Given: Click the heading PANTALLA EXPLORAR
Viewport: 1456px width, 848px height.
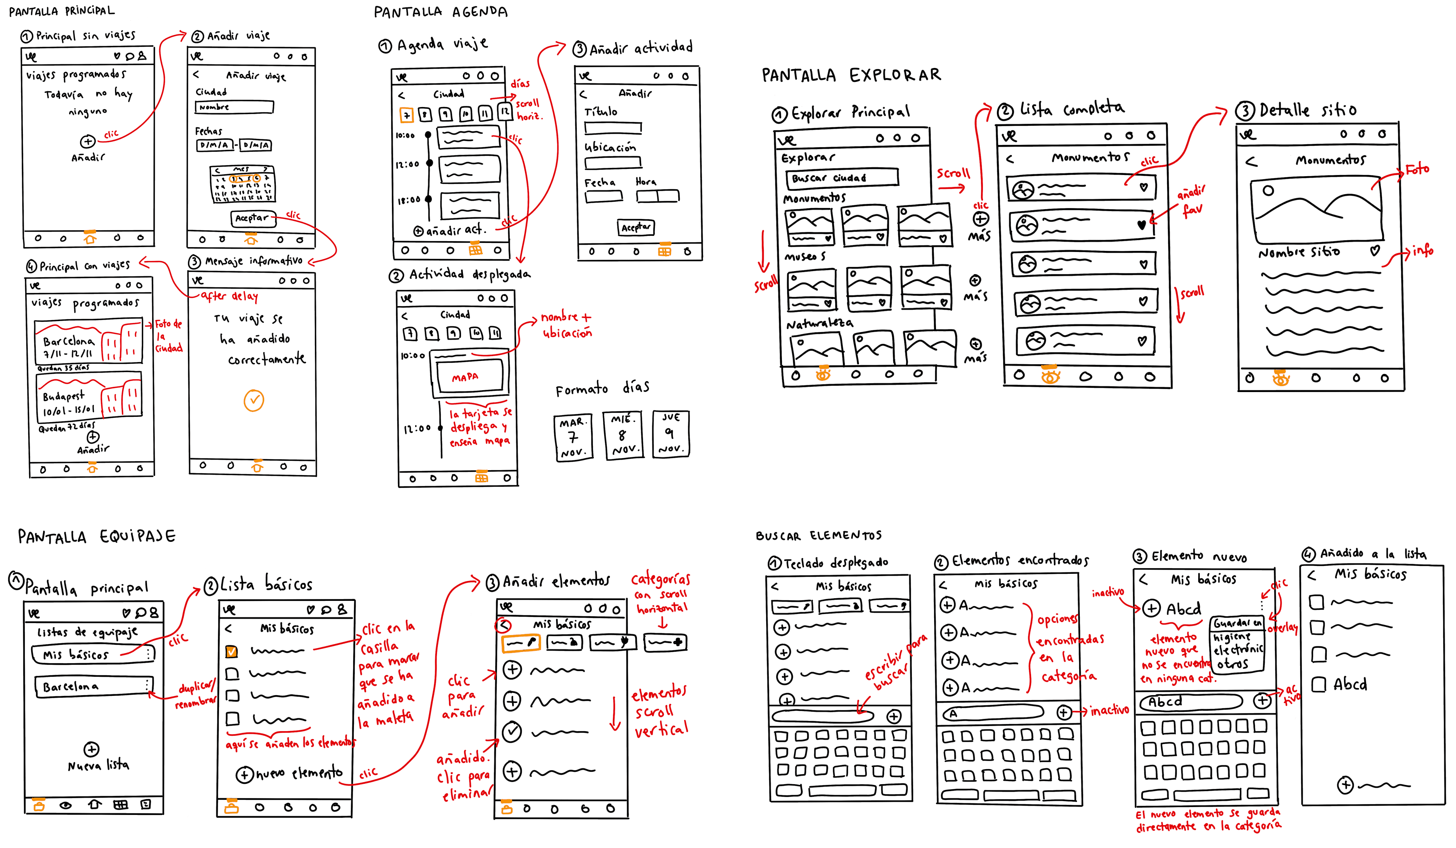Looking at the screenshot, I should [851, 75].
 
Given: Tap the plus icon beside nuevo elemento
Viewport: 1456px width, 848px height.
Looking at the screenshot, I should [244, 775].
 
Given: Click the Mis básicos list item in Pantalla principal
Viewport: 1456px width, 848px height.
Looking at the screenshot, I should [92, 654].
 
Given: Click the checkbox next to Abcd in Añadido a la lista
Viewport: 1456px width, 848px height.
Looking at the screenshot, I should [1318, 685].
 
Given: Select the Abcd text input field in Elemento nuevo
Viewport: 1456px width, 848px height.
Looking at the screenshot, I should [1191, 702].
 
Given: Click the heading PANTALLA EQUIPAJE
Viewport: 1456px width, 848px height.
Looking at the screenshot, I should [97, 537].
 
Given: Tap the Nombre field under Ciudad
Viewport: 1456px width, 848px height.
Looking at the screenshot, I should [234, 107].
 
